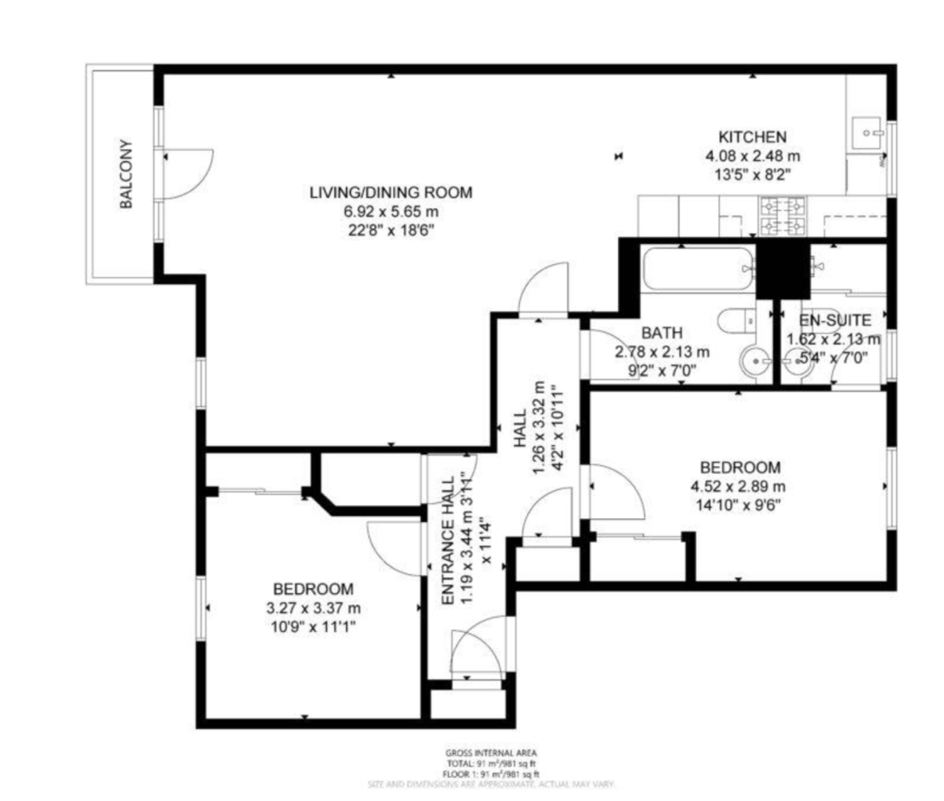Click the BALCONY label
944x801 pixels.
(x=126, y=174)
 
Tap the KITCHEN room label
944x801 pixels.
(x=752, y=137)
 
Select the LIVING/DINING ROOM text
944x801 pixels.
(x=391, y=192)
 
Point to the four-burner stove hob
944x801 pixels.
(x=783, y=216)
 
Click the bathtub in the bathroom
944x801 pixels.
(x=697, y=270)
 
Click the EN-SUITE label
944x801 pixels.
(x=835, y=321)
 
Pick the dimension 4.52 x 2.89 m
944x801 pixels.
(x=737, y=486)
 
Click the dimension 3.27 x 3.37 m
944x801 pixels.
(x=313, y=609)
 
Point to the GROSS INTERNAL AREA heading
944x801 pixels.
(x=490, y=753)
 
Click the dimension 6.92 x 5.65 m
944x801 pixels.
(x=391, y=211)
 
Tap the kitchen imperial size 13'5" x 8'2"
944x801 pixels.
(x=752, y=175)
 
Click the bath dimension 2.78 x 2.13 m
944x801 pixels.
(x=662, y=352)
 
